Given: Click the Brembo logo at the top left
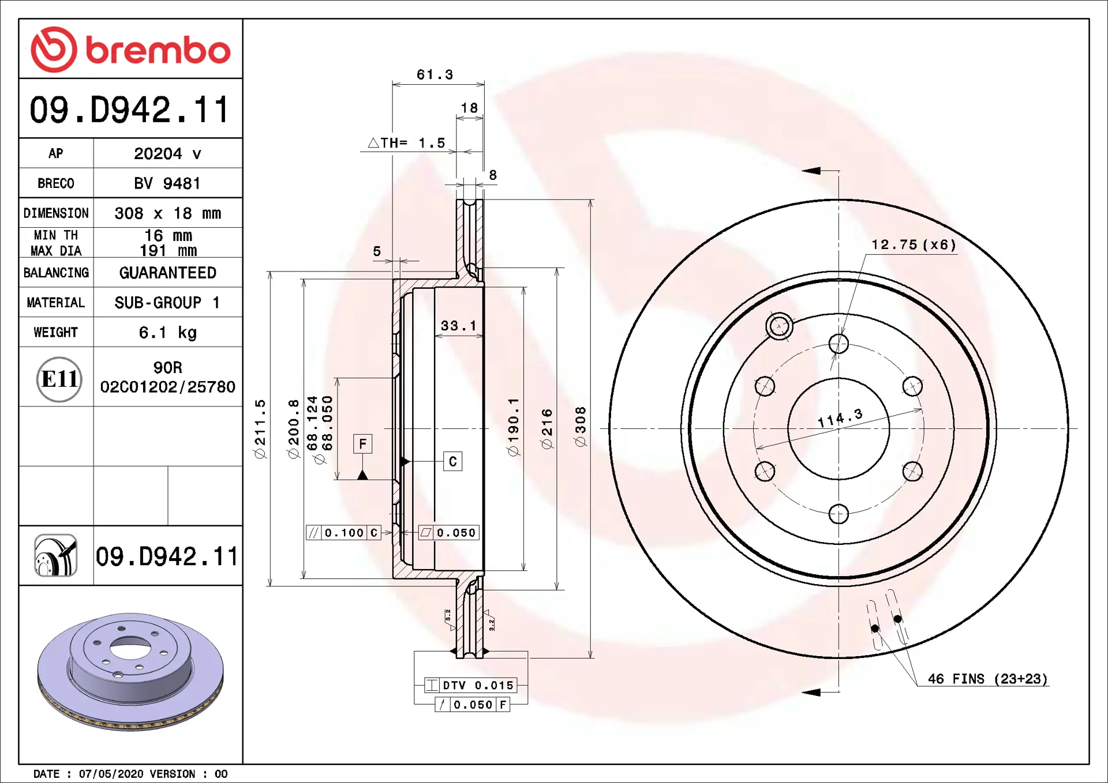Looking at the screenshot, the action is [131, 50].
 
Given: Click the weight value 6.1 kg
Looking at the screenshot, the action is [167, 333].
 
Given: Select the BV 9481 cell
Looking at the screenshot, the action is [168, 183].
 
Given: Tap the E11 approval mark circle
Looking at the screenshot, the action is [59, 379].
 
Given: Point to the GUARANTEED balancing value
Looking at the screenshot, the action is [168, 273].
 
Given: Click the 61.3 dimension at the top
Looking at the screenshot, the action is [435, 74].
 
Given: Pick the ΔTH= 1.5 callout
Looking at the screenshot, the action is [406, 143].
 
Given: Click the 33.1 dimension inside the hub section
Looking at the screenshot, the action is [459, 326].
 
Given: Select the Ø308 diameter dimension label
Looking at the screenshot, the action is [580, 427].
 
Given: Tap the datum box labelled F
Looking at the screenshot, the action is [362, 444].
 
